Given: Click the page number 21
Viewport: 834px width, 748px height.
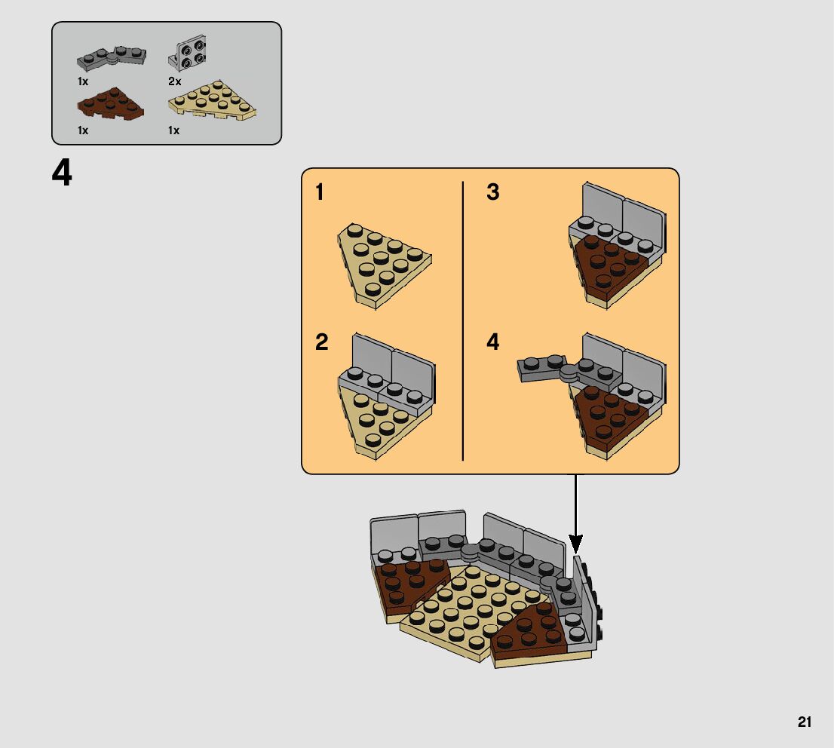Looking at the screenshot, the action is (x=804, y=722).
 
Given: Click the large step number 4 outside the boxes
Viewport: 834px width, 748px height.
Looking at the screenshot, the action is (x=62, y=173).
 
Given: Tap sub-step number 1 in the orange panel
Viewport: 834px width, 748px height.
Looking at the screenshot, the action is (x=319, y=192).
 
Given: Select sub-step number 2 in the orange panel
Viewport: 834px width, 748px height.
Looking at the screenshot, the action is (x=321, y=342).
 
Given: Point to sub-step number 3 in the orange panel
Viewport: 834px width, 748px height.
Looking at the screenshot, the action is (x=493, y=192).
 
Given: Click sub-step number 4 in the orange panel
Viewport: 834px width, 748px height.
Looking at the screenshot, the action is (x=493, y=342).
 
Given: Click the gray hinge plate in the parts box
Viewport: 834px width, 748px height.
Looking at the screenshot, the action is (x=112, y=57).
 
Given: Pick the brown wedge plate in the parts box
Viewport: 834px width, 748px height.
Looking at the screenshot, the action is (x=111, y=103).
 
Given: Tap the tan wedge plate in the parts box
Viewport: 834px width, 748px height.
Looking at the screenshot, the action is (x=212, y=100).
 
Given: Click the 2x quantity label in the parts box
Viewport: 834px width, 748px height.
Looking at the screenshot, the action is (x=174, y=81).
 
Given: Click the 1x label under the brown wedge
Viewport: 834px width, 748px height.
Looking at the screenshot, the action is (x=82, y=130).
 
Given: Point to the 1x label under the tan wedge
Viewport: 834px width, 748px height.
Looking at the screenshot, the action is (x=173, y=130).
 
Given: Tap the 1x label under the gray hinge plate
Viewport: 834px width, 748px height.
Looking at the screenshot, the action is (x=82, y=81).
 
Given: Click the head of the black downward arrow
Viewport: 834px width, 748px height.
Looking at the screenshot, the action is (x=575, y=544).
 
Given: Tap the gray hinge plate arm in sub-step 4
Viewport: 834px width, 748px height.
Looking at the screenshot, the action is (x=541, y=368).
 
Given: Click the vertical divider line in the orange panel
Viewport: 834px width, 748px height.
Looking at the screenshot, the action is (x=463, y=320).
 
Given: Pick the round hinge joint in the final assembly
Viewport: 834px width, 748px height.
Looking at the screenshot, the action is (x=471, y=551).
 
